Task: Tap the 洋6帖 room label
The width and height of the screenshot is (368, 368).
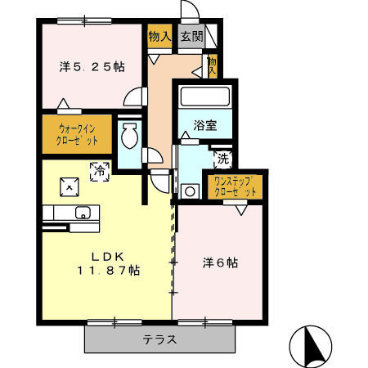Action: coord(221,263)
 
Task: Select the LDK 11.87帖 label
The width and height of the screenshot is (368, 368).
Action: coord(108,263)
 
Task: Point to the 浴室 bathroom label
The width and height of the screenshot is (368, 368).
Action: coord(204,125)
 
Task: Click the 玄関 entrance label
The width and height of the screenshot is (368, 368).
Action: coord(191,37)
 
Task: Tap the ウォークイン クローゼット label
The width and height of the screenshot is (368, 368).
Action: coord(79,134)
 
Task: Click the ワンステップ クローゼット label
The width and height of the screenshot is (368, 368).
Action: coord(236,186)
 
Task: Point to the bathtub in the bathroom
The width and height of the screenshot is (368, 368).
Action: coord(205,96)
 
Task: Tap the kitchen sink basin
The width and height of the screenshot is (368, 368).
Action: coord(83,213)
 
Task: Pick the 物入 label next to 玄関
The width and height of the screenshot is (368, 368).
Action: coord(159,37)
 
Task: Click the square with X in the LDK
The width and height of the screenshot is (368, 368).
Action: coord(70,186)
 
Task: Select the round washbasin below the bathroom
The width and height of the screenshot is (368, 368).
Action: coord(191,191)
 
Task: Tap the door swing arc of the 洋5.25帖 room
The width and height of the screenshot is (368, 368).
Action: coord(132,97)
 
